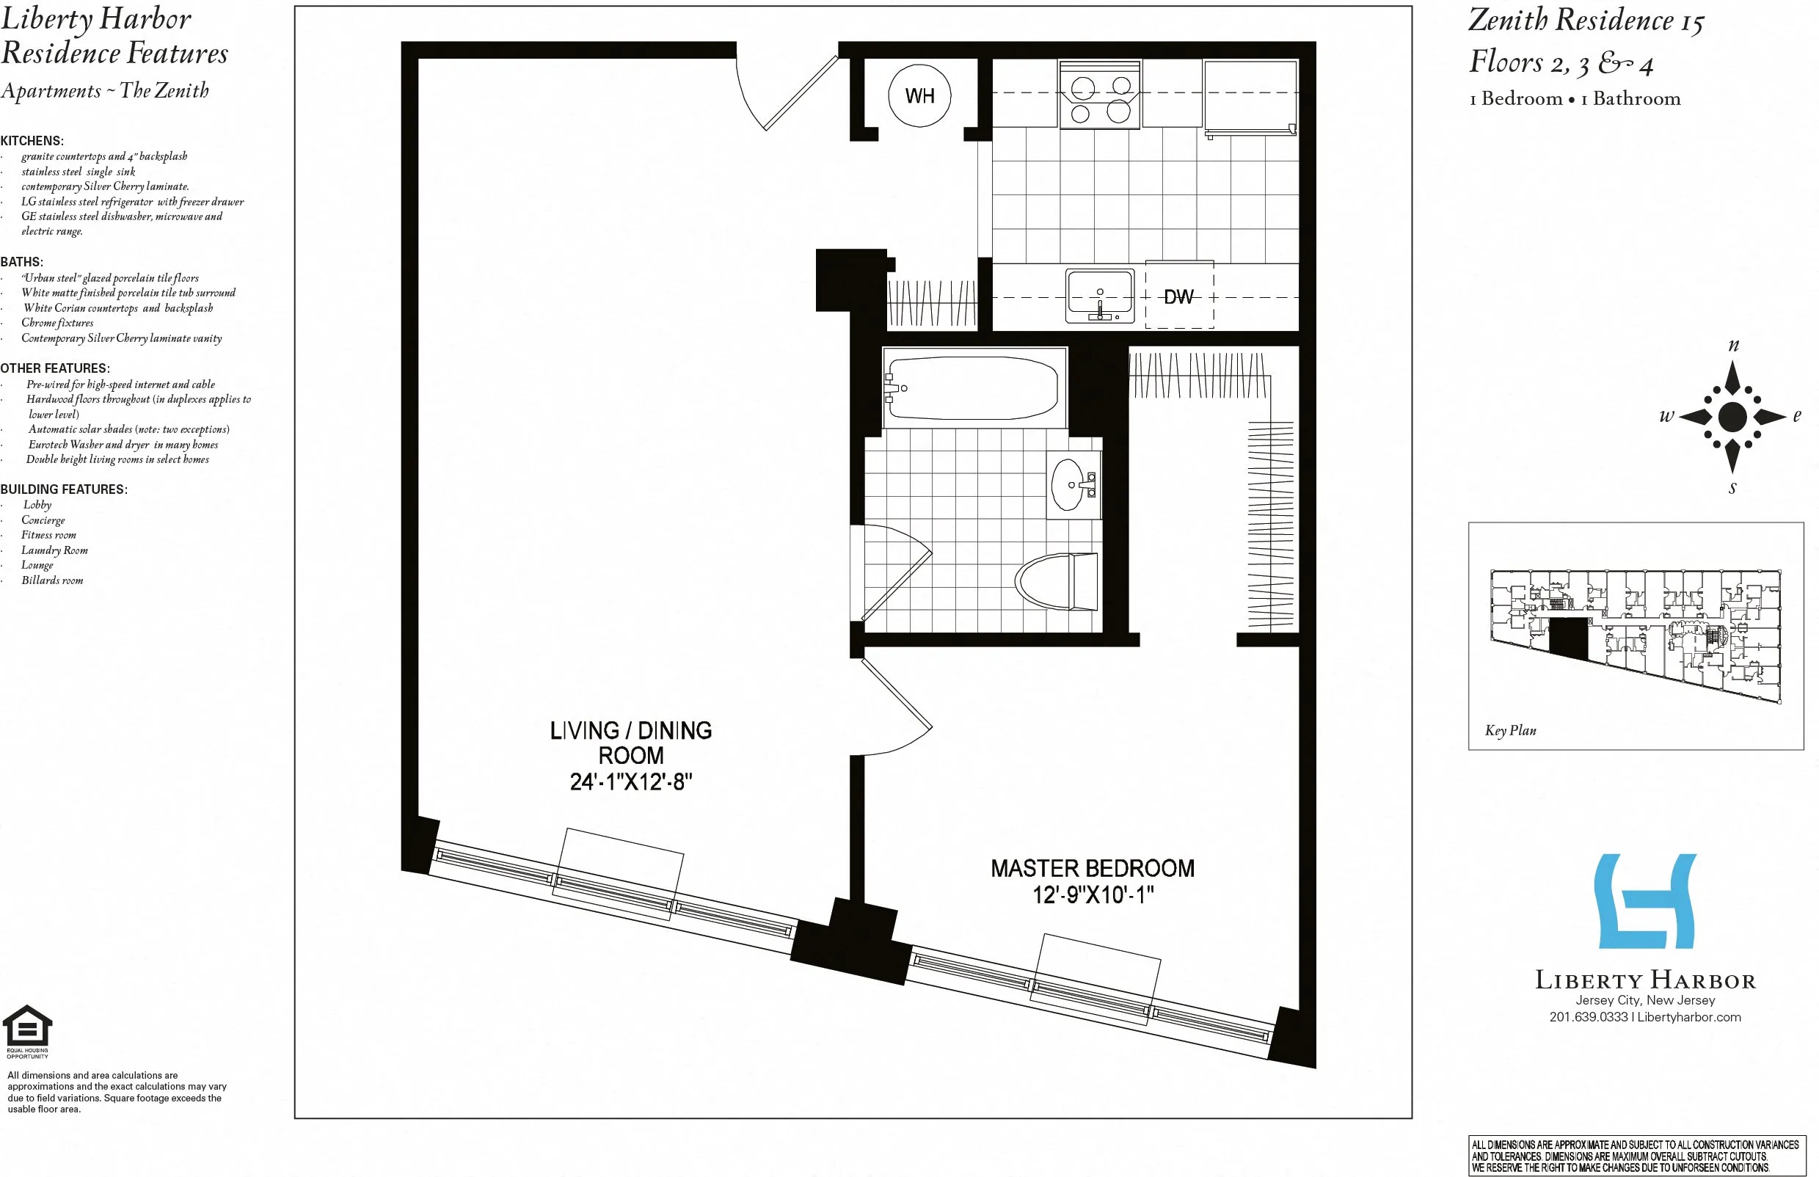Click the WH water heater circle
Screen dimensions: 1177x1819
point(919,95)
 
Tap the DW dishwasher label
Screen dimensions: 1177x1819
point(1178,296)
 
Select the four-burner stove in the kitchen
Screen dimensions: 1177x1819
point(1100,95)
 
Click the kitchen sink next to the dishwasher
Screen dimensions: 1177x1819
point(1100,296)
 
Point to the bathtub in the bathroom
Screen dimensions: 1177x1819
point(972,388)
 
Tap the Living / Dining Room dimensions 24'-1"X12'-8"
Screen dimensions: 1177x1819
point(630,782)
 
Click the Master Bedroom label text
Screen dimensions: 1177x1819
point(1092,868)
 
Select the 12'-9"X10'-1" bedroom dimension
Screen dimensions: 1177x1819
point(1093,895)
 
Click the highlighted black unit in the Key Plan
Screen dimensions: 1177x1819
point(1568,638)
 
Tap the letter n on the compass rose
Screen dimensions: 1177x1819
point(1733,346)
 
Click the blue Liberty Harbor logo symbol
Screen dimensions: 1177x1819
point(1645,901)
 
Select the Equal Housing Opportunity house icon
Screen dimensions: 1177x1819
point(27,1026)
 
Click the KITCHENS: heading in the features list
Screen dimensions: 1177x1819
point(32,141)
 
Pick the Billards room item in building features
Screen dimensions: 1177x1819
point(52,580)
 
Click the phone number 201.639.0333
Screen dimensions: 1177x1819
point(1588,1017)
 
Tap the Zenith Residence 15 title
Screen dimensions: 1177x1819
point(1586,21)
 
